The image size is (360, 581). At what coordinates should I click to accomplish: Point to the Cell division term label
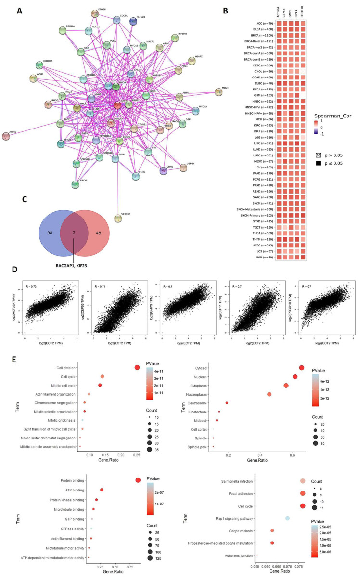[x=64, y=368]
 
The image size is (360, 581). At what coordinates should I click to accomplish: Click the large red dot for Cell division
[x=137, y=368]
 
